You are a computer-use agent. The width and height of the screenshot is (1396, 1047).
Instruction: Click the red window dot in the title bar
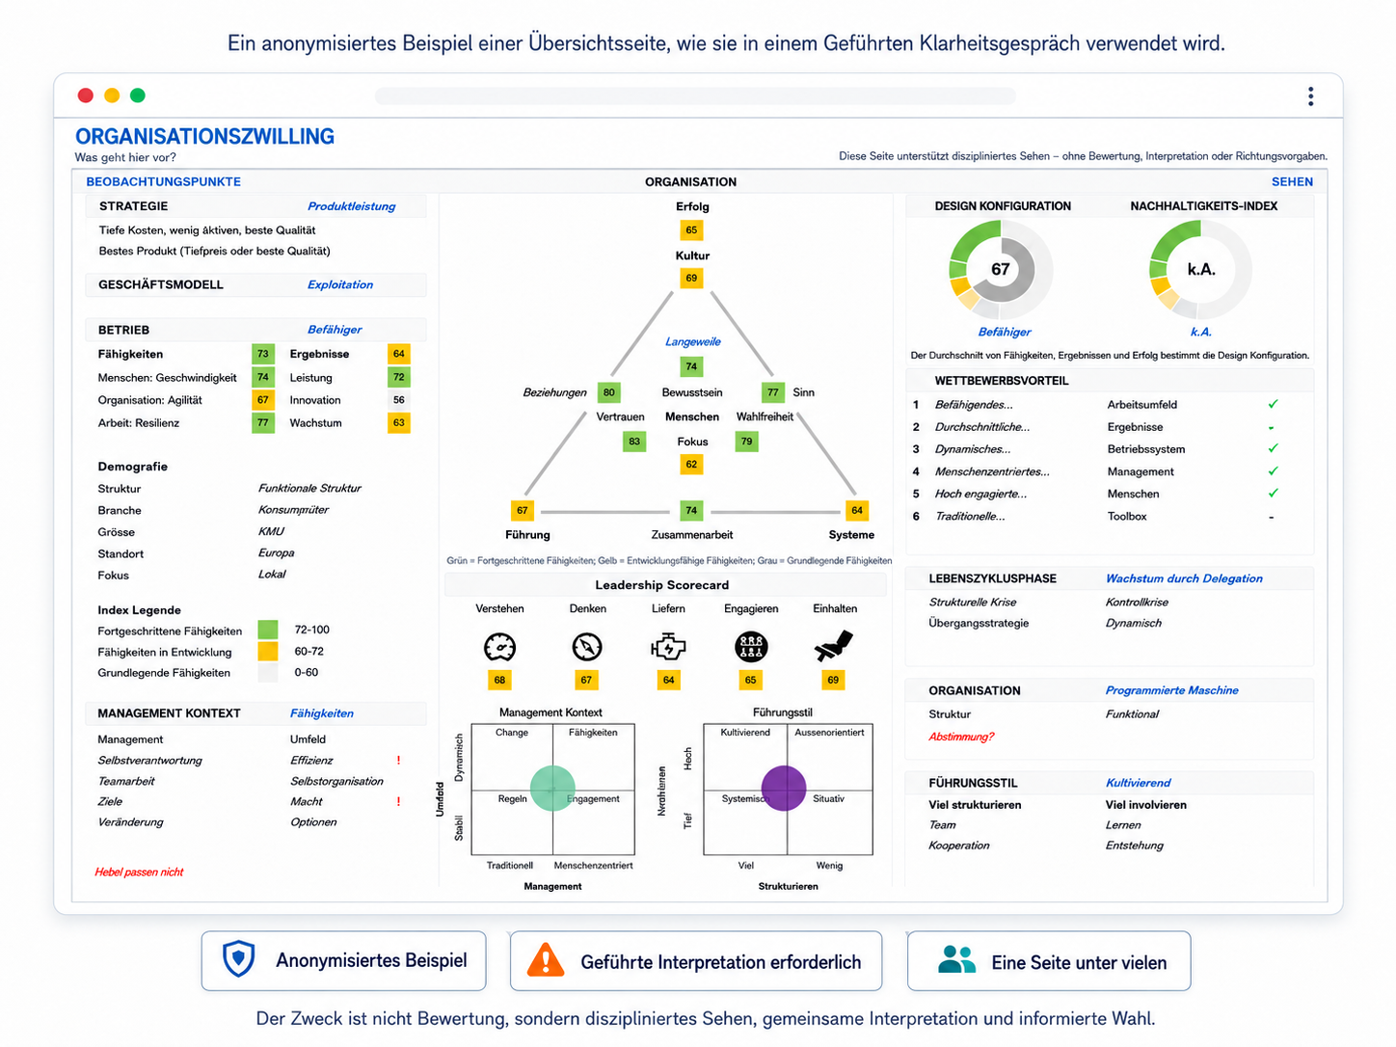85,95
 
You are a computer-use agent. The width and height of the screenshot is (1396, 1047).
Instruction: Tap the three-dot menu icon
1310,96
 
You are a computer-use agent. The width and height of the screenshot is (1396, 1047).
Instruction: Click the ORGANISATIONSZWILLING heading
204,136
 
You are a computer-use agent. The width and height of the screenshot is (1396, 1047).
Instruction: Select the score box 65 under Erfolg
691,230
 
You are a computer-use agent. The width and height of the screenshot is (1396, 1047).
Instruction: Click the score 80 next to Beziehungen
608,392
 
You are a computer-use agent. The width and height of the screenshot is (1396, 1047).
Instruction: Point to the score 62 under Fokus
691,464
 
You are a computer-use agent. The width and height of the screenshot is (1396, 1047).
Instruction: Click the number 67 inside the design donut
1001,269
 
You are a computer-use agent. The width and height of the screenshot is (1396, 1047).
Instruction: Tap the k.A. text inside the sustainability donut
1200,269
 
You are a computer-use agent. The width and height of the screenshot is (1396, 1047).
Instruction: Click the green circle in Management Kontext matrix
552,789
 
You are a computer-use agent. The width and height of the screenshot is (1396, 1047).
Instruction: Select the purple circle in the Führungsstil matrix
784,789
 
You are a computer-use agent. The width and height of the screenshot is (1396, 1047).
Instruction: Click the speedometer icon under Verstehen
500,647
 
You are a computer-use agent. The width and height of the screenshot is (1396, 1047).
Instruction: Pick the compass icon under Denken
586,647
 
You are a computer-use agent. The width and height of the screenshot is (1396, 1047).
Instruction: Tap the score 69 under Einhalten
833,681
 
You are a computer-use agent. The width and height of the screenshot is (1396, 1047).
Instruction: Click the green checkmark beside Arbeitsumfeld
1273,404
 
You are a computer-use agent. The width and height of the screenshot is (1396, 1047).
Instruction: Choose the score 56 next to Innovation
399,400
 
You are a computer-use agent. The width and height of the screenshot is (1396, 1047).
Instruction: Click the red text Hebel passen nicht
139,872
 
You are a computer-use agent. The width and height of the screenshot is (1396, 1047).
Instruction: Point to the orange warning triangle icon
546,960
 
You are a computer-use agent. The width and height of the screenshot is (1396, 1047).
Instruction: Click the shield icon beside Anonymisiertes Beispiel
238,958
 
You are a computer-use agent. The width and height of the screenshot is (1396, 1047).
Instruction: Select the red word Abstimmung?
961,737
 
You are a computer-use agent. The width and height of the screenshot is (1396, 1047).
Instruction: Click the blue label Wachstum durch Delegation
1184,578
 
